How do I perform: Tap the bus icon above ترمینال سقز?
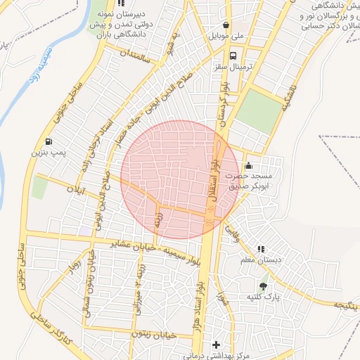(x=233, y=54)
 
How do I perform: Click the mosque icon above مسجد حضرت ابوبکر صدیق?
(x=247, y=165)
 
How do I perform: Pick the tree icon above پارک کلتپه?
(x=263, y=286)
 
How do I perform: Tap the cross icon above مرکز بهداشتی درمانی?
(x=216, y=345)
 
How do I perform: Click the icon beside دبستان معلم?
(x=261, y=249)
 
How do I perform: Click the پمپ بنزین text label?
(x=47, y=152)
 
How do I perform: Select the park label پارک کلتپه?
(x=263, y=297)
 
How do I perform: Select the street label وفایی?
(x=233, y=234)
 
